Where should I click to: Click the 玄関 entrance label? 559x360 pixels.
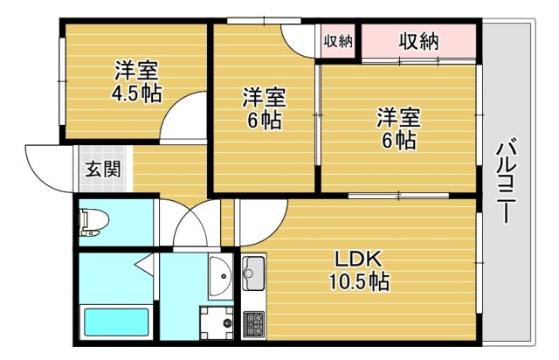(x=104, y=169)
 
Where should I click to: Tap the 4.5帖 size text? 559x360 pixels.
(x=137, y=93)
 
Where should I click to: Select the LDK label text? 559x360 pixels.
(x=359, y=260)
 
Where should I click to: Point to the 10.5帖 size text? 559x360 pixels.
(x=359, y=281)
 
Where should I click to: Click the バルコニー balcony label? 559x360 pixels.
(x=507, y=183)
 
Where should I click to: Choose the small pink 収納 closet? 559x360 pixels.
(x=338, y=41)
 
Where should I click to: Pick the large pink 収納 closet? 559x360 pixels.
(x=418, y=41)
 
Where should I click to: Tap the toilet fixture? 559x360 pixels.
(x=94, y=223)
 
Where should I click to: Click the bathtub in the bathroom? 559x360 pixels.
(x=116, y=322)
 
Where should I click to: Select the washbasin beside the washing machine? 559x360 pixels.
(x=220, y=276)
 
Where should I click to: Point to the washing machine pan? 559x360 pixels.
(x=217, y=323)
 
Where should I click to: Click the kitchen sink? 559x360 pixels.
(x=253, y=273)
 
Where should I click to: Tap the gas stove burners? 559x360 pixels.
(x=253, y=325)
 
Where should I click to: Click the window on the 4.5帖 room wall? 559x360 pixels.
(x=62, y=82)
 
